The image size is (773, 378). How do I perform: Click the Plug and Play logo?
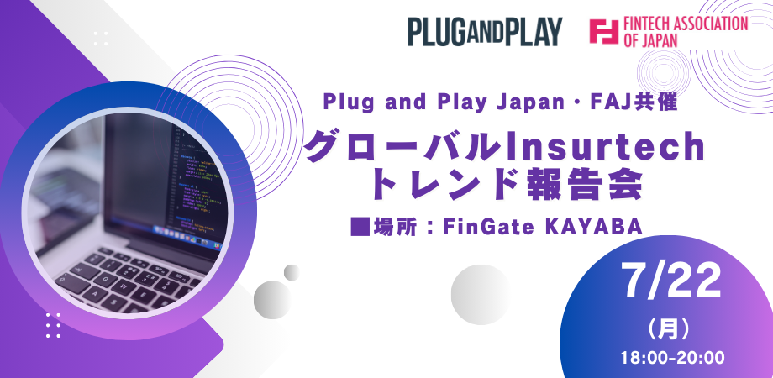tap(485, 32)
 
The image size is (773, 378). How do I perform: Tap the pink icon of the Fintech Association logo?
tap(604, 32)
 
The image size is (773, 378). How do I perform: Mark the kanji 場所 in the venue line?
tap(393, 227)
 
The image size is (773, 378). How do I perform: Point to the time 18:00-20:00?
tap(673, 357)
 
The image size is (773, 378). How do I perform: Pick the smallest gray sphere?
tap(292, 272)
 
